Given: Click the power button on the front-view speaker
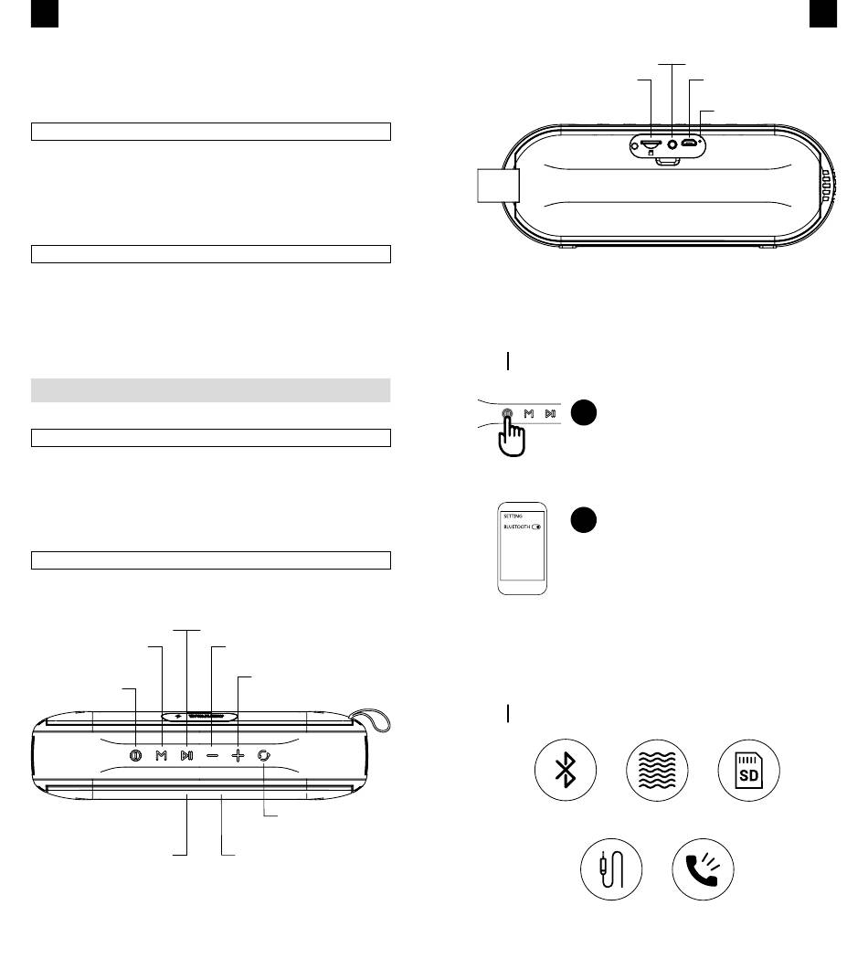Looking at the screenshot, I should [136, 756].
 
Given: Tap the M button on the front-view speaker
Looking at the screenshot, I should [162, 756].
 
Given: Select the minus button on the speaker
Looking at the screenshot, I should [212, 756].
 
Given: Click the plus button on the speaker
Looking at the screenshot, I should [238, 756].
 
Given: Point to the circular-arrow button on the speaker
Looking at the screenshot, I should [264, 756].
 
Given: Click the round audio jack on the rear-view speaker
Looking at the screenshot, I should [676, 144].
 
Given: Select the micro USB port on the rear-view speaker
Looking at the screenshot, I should [693, 144].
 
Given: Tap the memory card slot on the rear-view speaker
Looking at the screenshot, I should [651, 144].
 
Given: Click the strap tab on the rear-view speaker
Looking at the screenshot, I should [498, 186].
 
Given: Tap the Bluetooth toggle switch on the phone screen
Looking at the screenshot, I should [537, 527].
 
